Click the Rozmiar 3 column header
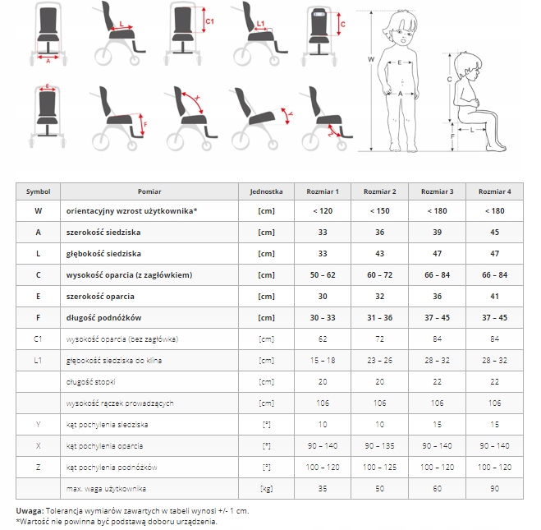point(437,191)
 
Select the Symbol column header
point(39,191)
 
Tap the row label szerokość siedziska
point(103,233)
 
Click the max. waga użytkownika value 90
point(494,489)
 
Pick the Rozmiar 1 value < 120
point(322,211)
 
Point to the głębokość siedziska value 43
point(379,254)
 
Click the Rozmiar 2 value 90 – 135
point(379,446)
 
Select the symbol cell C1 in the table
point(39,339)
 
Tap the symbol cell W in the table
point(39,211)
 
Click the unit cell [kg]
point(266,489)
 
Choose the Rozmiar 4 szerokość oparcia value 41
point(494,297)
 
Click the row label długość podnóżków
point(104,318)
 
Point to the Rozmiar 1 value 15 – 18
point(322,361)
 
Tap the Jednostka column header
point(266,191)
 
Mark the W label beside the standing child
point(371,60)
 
